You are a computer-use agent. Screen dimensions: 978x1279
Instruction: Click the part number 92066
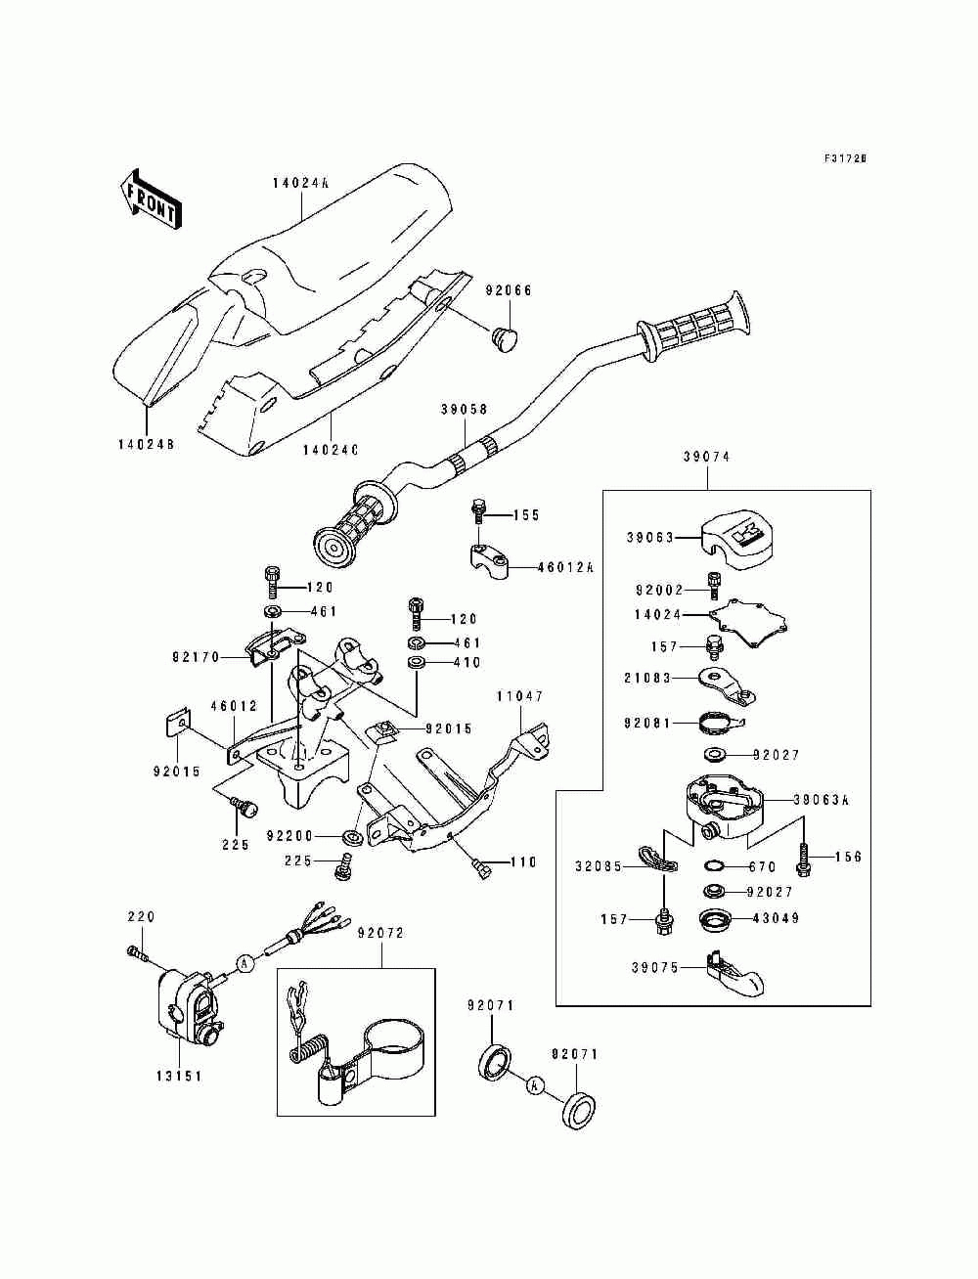(509, 290)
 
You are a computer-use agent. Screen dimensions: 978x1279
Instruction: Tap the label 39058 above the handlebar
(464, 410)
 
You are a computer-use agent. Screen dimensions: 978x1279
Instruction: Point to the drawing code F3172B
(845, 157)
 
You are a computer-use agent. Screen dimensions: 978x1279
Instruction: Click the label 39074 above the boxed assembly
(706, 458)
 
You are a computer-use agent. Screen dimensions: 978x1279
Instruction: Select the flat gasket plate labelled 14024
(750, 623)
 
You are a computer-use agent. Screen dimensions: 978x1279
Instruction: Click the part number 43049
(776, 918)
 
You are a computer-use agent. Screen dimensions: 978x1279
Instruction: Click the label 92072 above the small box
(380, 933)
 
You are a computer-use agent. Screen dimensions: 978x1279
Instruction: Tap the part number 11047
(519, 696)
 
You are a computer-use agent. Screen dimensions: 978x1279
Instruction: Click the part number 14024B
(146, 444)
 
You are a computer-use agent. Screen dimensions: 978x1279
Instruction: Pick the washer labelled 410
(417, 663)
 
